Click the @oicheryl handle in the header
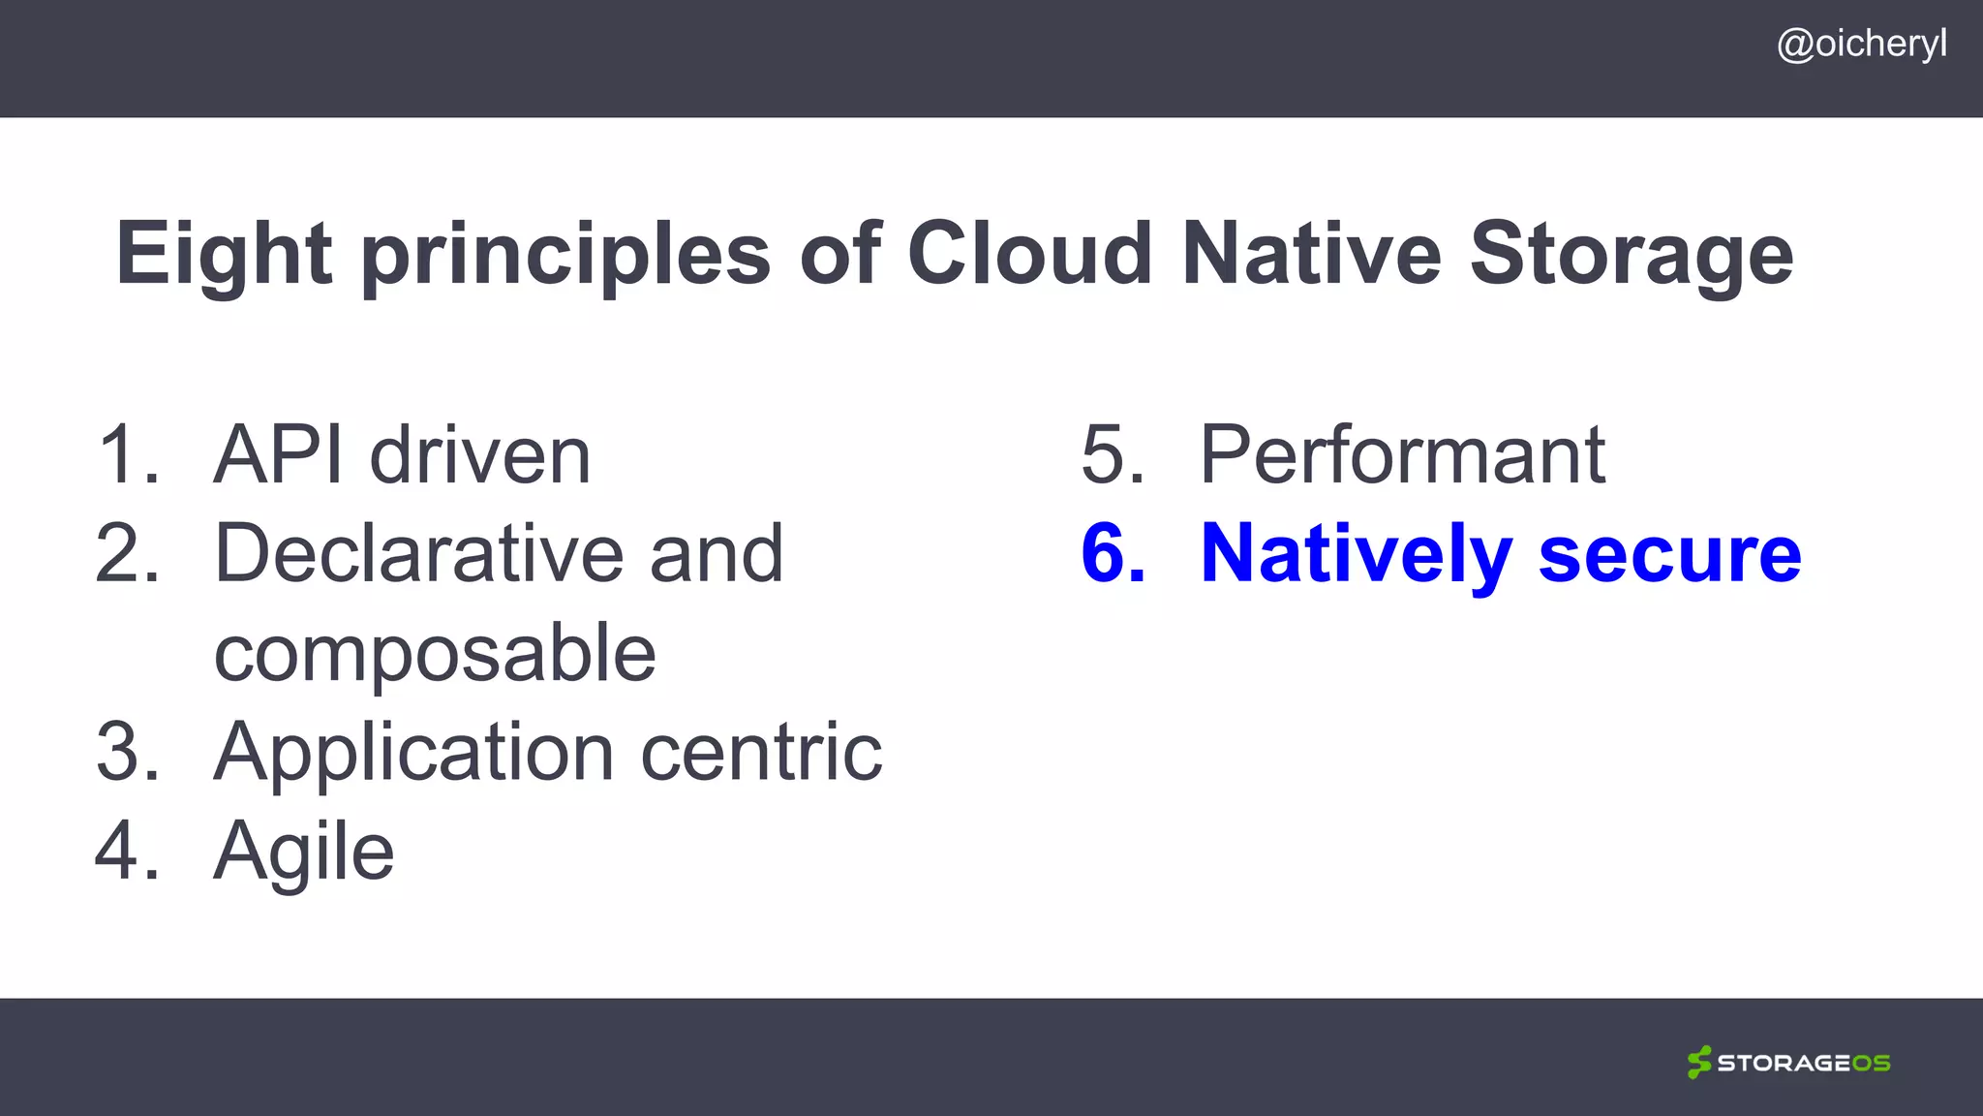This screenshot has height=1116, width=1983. (x=1861, y=45)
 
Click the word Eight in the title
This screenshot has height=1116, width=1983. (x=224, y=254)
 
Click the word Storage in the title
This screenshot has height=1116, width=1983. (x=1632, y=254)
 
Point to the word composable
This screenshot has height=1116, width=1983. (x=435, y=655)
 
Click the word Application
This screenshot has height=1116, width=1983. (x=413, y=754)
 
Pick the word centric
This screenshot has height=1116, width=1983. (x=761, y=752)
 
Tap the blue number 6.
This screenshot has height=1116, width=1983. (x=1113, y=553)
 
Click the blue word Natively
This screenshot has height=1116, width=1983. (x=1356, y=554)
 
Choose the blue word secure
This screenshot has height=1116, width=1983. (x=1669, y=554)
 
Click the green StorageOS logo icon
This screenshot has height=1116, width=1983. (x=1698, y=1062)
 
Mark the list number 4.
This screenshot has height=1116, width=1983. (x=126, y=851)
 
